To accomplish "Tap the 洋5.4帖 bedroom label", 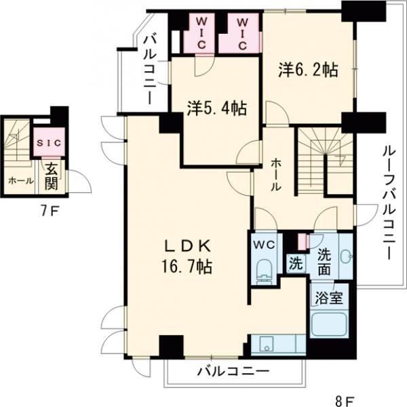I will pyautogui.click(x=216, y=108).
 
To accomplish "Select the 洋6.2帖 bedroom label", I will pyautogui.click(x=309, y=68).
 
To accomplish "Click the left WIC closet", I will pyautogui.click(x=201, y=32).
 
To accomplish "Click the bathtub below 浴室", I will pyautogui.click(x=329, y=324).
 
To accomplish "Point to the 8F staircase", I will pyautogui.click(x=324, y=156).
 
